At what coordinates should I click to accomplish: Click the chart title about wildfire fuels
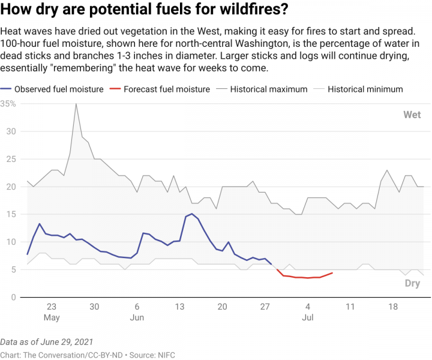(x=145, y=10)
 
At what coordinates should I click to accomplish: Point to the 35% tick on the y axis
(x=8, y=104)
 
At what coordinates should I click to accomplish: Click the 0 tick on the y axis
(x=13, y=297)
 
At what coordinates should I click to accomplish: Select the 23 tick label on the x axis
(x=52, y=306)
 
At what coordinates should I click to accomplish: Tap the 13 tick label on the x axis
(x=180, y=306)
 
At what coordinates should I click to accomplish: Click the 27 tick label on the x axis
(x=265, y=306)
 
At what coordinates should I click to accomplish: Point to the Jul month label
(x=308, y=317)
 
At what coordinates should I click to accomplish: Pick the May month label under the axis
(x=52, y=317)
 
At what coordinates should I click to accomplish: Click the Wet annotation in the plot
(x=412, y=115)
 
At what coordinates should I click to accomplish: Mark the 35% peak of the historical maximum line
(x=76, y=104)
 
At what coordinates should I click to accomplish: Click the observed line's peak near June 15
(x=191, y=214)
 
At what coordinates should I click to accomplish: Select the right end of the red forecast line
(x=332, y=273)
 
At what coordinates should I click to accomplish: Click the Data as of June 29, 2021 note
(x=47, y=341)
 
